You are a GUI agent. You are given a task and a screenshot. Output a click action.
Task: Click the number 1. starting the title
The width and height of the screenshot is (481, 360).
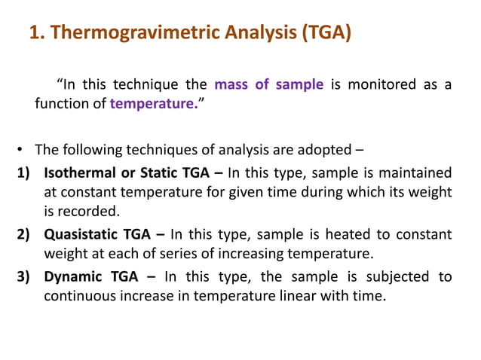pyautogui.click(x=35, y=34)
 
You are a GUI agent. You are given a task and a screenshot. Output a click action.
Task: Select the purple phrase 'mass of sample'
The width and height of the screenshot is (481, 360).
pyautogui.click(x=269, y=84)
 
